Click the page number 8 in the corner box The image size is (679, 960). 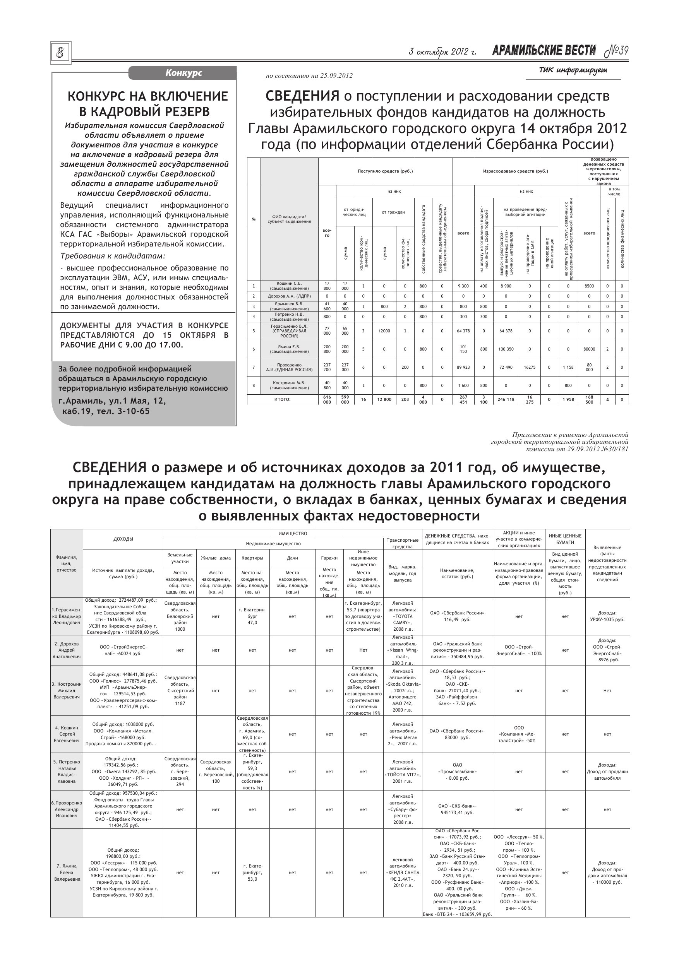[x=61, y=53]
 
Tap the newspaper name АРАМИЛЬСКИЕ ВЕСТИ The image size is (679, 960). [x=544, y=51]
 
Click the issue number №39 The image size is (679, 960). [x=617, y=51]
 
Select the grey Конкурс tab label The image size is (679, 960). [x=183, y=73]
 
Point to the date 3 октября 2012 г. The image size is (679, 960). [x=442, y=52]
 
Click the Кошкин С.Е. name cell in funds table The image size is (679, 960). [x=289, y=286]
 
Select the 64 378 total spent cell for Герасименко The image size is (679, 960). [x=463, y=331]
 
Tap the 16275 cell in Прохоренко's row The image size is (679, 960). [x=529, y=367]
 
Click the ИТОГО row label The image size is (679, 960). [x=282, y=399]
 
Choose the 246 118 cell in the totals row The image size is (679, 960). [x=506, y=399]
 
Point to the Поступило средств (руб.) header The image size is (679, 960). [x=385, y=171]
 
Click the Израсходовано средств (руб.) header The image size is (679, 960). [x=515, y=171]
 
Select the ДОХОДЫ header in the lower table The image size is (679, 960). [x=123, y=539]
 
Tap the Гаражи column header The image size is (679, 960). [x=329, y=558]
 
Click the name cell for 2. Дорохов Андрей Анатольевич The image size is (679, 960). [x=67, y=650]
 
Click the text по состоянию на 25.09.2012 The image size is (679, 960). [x=309, y=76]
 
